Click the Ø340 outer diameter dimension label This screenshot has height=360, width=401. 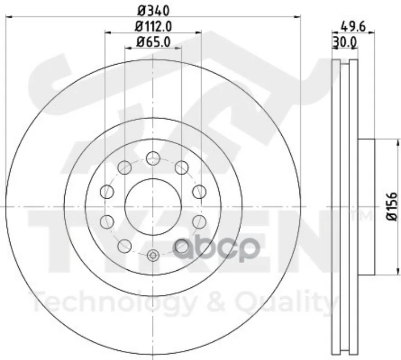pos(153,11)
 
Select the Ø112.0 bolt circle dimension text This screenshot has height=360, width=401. pos(153,27)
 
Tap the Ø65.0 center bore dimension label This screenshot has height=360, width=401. pos(153,42)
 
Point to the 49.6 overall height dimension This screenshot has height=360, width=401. pos(353,27)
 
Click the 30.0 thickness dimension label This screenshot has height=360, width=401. pos(344,42)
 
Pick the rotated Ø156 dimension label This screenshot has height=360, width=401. pos(392,207)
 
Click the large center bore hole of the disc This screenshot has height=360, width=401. pos(153,207)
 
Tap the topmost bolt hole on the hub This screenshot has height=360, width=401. pos(153,158)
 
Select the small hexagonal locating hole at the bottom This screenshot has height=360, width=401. pos(153,255)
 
